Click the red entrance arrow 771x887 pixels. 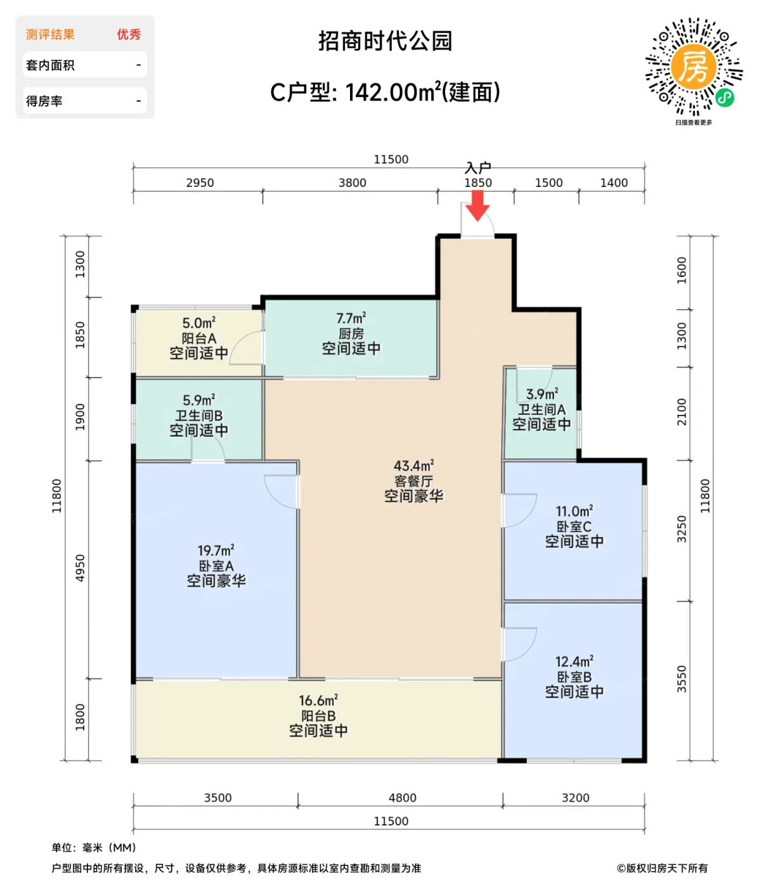(x=477, y=205)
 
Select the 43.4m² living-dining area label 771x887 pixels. (x=413, y=466)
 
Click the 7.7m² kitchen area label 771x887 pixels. (x=351, y=318)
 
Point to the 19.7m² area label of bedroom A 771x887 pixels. (x=216, y=550)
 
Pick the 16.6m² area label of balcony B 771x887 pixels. (x=318, y=700)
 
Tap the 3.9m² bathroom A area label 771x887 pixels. (x=541, y=394)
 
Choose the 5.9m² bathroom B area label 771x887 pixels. (x=198, y=400)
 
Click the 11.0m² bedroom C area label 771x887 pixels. (x=574, y=511)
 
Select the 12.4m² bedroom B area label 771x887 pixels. (x=574, y=661)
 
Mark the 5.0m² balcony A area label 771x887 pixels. (x=198, y=323)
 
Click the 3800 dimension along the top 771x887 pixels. (x=352, y=182)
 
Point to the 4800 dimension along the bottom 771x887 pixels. (x=402, y=798)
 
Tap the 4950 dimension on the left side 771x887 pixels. (x=80, y=568)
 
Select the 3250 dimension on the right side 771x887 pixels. (x=682, y=529)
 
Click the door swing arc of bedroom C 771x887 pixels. (x=531, y=515)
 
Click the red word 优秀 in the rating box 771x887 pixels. (x=129, y=34)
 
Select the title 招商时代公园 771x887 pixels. (x=385, y=41)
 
